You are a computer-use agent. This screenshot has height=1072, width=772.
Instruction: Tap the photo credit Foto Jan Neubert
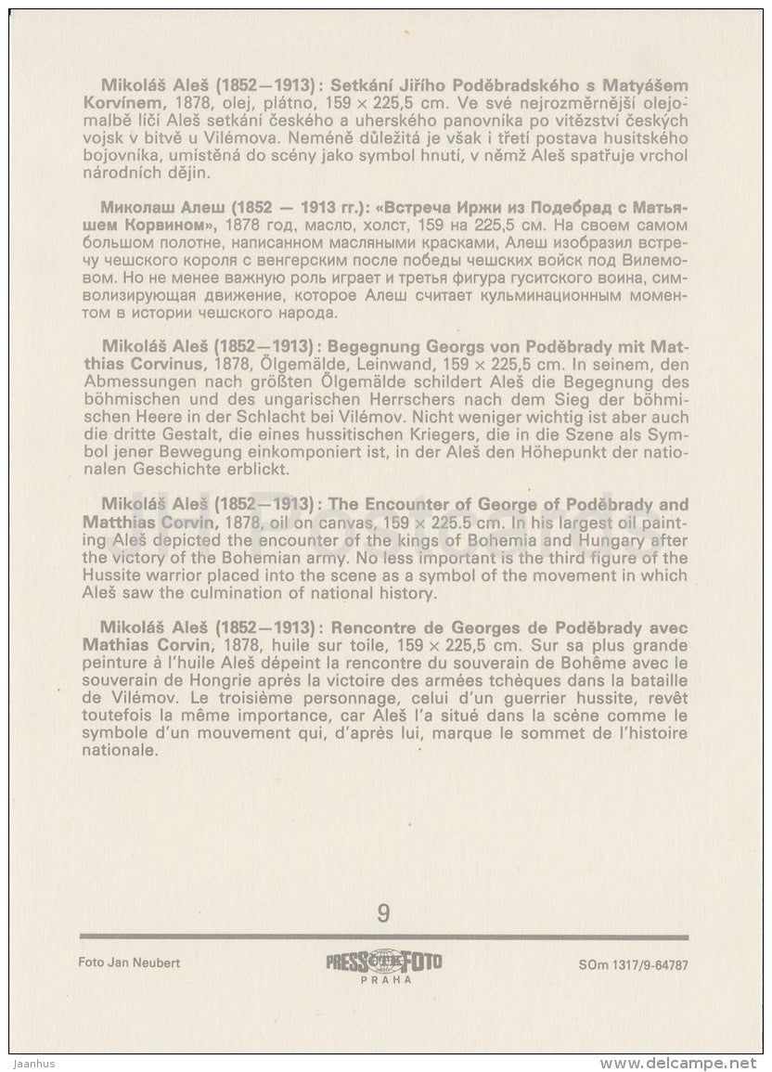coord(130,962)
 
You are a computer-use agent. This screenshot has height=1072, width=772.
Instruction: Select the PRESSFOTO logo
coord(383,962)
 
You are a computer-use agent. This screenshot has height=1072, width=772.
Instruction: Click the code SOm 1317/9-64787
coord(626,963)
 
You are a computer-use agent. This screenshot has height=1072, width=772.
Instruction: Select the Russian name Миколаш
coord(135,208)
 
